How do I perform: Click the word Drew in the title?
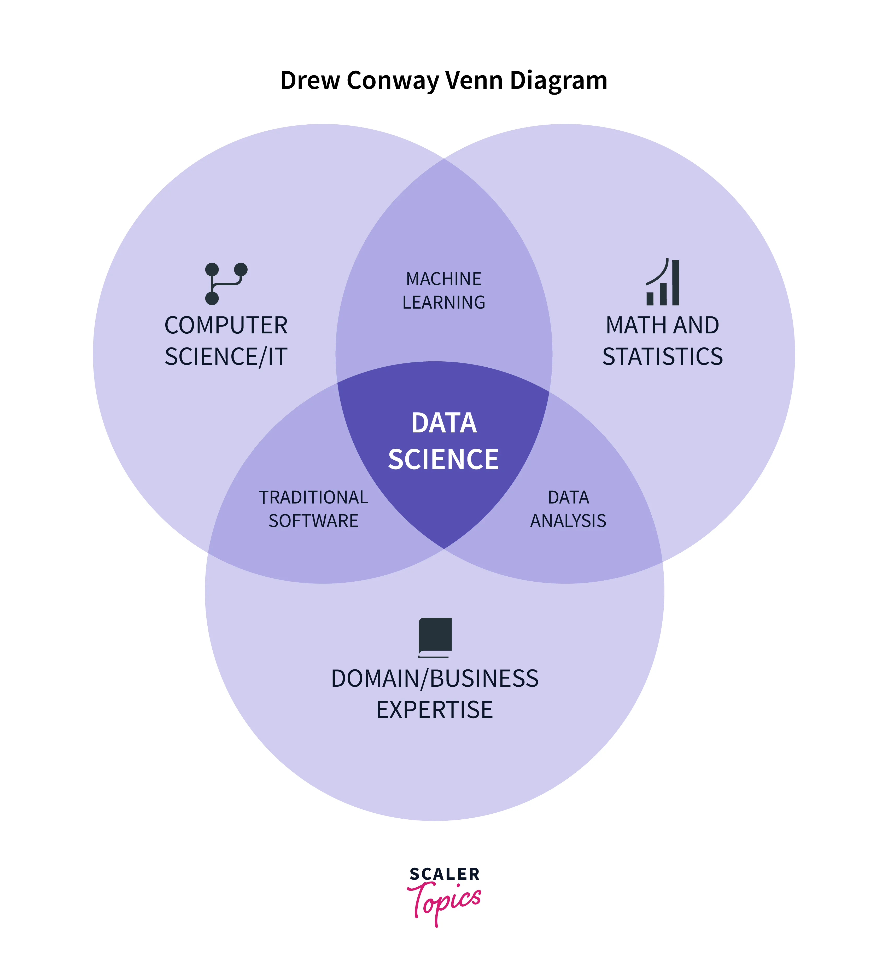click(x=310, y=80)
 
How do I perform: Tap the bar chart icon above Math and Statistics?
click(x=663, y=283)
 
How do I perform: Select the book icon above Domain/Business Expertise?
click(x=435, y=637)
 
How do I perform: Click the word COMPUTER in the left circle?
click(x=226, y=326)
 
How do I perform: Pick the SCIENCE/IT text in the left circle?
click(x=226, y=357)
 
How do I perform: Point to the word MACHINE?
click(x=444, y=279)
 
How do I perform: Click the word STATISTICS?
click(x=663, y=357)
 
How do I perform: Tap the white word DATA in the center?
click(x=444, y=423)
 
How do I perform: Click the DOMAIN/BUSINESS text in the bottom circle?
click(x=435, y=679)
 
